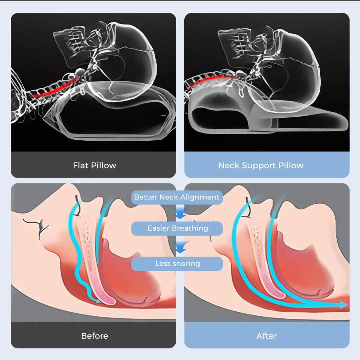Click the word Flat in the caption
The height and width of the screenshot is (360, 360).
[x=80, y=165]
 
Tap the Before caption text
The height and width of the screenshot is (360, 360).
[x=94, y=336]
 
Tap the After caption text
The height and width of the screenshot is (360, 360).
[x=267, y=336]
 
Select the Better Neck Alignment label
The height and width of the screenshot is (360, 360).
[x=177, y=197]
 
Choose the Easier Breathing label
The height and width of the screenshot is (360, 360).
[x=177, y=228]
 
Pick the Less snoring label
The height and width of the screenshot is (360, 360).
[x=177, y=264]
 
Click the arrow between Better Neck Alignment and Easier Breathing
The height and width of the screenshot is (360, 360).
[x=180, y=212]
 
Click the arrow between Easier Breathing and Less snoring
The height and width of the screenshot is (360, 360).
[x=181, y=247]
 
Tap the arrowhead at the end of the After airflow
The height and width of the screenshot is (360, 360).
[x=344, y=305]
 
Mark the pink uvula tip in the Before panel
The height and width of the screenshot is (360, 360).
[x=108, y=300]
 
